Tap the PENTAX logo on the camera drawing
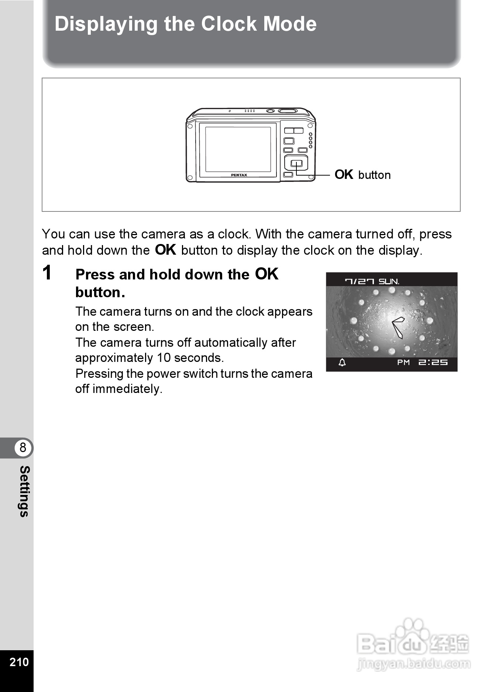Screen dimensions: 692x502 point(239,175)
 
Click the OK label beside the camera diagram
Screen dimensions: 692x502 point(344,174)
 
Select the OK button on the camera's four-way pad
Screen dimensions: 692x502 point(296,163)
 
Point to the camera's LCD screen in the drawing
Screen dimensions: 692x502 point(238,149)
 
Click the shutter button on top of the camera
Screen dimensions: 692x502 point(288,111)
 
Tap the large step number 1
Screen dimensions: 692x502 point(47,273)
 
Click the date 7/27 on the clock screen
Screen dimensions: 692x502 point(359,281)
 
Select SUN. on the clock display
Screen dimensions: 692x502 point(389,281)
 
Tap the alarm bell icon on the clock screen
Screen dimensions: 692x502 point(342,362)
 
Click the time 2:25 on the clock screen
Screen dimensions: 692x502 point(433,362)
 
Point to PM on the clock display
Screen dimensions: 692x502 point(403,362)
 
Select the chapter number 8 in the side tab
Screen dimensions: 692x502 point(23,448)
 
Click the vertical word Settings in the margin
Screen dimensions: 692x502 point(24,491)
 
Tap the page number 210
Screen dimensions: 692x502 point(19,662)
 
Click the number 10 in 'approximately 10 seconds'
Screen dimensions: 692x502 point(164,358)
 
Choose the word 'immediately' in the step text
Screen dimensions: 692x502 point(127,389)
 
